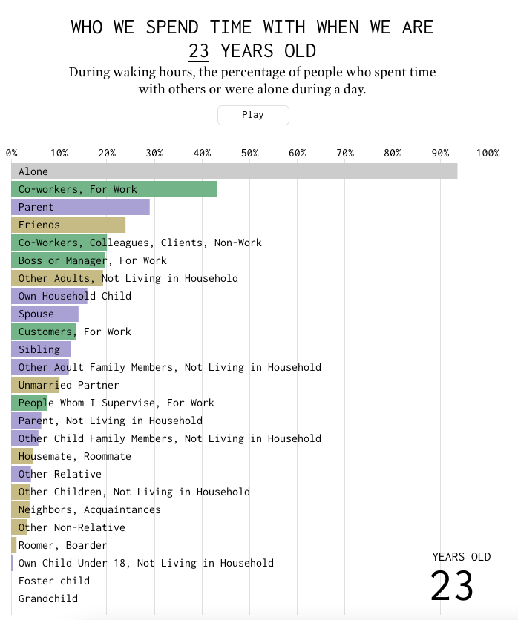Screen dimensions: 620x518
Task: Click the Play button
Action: [252, 115]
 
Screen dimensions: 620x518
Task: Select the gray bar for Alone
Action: [234, 171]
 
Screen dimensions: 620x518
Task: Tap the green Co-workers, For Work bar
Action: [114, 189]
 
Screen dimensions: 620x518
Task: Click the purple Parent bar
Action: [80, 207]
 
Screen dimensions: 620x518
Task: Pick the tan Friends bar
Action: [68, 225]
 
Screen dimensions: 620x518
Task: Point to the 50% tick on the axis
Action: [249, 153]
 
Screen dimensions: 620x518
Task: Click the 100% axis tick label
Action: [488, 153]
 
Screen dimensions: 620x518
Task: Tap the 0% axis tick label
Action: [12, 153]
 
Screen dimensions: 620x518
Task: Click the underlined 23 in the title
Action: [199, 51]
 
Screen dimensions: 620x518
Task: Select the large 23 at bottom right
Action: [452, 587]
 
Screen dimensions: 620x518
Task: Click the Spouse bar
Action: [45, 314]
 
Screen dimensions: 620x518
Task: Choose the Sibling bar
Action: [41, 349]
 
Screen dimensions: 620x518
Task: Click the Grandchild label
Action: [48, 598]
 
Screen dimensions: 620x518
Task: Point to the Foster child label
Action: [54, 581]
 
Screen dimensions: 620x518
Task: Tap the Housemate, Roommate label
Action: [75, 456]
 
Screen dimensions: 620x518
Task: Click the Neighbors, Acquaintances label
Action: [90, 509]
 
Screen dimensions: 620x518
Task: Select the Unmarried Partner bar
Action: [35, 385]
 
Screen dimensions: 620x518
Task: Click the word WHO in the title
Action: [87, 27]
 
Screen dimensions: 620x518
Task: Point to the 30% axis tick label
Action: [154, 153]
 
